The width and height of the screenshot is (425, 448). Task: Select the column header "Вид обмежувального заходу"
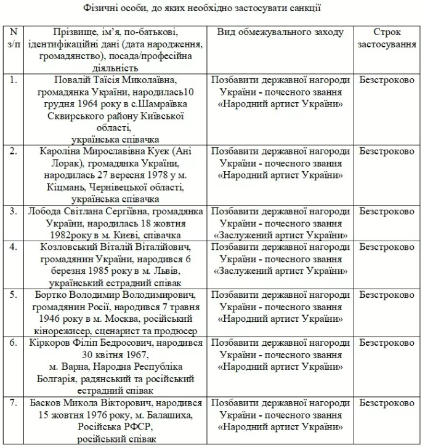point(280,32)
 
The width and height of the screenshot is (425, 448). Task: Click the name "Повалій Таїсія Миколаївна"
point(119,81)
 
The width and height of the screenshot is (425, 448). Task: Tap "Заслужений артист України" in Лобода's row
point(280,234)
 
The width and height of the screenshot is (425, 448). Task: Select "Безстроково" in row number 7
point(387,402)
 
